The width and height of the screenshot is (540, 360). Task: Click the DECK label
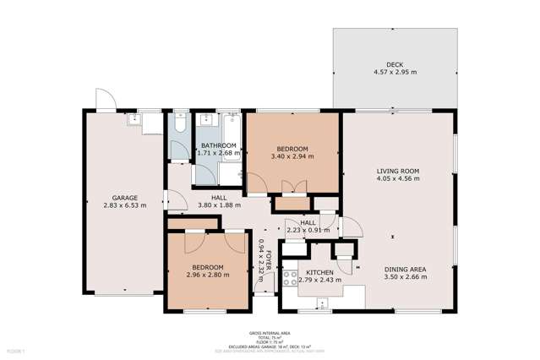pos(395,64)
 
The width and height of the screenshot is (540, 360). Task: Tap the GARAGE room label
pos(125,197)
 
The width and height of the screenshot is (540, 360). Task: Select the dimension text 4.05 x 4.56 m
pos(397,179)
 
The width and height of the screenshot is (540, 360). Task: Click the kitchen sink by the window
pos(323,303)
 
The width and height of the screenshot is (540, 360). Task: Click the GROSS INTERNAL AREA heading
pos(270,333)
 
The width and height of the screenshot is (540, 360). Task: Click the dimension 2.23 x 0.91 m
pos(307,230)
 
